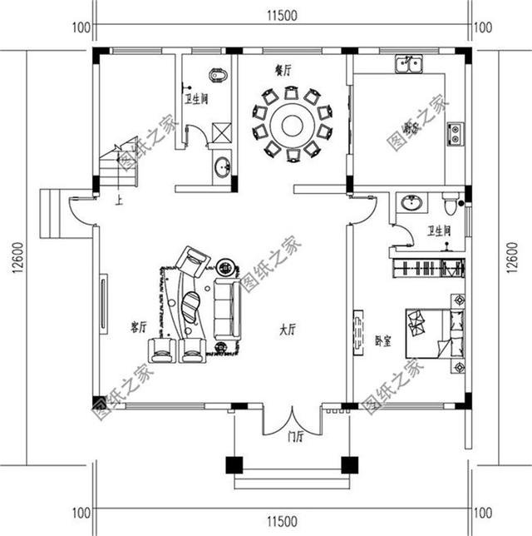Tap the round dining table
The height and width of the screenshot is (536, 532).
coord(292,125)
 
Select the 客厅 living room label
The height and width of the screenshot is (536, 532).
coord(138,327)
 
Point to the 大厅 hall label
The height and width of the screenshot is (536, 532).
coord(288,330)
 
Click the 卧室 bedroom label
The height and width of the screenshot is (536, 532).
coord(383,340)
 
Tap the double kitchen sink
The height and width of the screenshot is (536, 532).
coord(408,63)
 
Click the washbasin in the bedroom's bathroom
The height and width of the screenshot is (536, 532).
coord(411,203)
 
